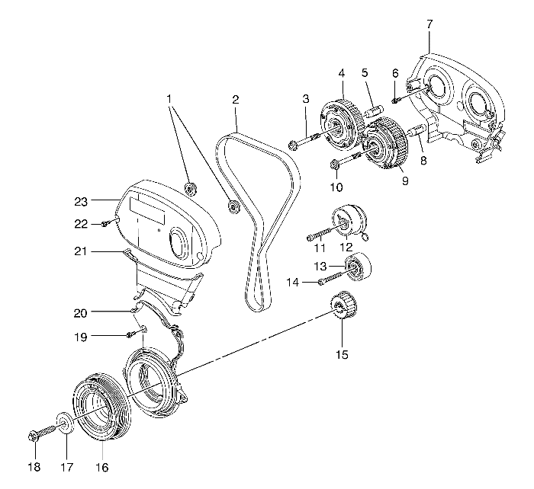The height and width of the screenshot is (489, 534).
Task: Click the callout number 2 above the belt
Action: [x=236, y=100]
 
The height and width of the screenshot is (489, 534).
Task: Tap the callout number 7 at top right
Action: [x=429, y=24]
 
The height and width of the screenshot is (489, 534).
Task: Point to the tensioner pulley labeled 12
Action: [x=351, y=223]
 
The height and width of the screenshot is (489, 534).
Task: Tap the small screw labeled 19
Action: [x=135, y=334]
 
